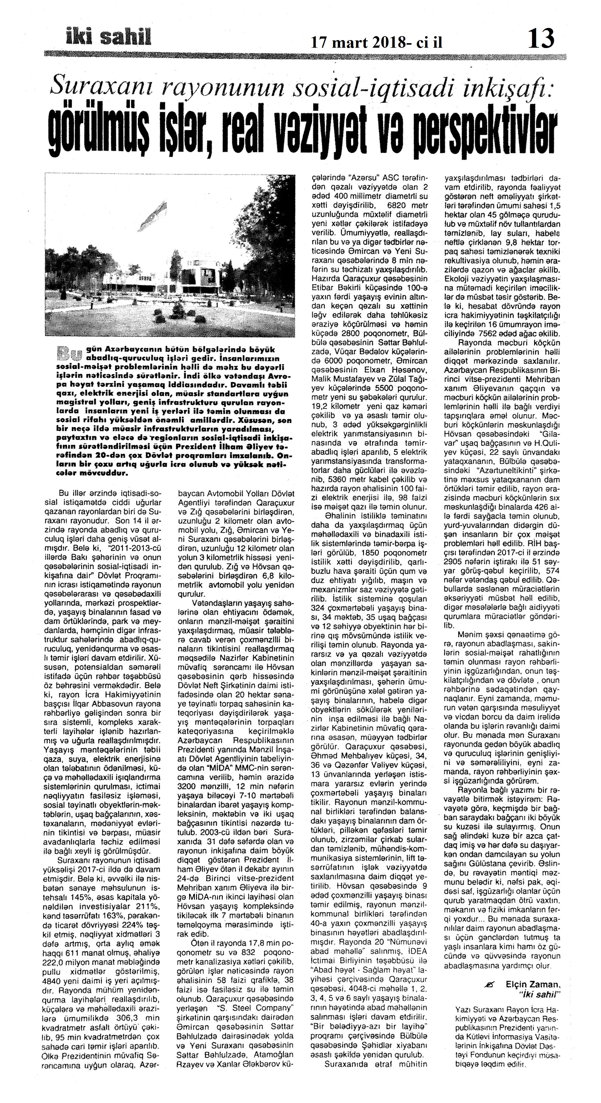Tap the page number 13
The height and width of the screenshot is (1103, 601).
point(541,39)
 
